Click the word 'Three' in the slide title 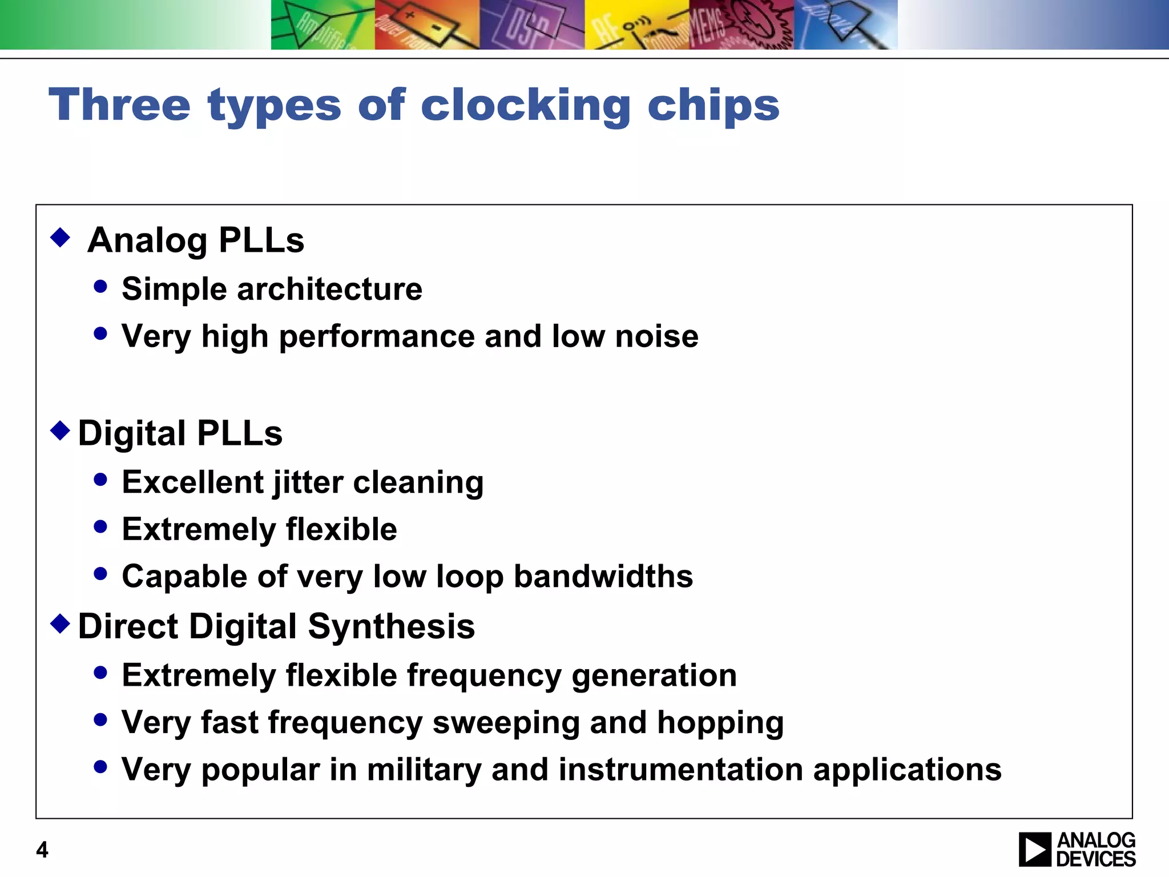(119, 105)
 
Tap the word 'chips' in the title (714, 106)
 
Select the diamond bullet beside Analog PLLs (61, 237)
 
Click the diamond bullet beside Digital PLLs (61, 430)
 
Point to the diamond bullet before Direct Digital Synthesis (61, 623)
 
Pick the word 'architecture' (329, 289)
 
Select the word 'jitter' (308, 483)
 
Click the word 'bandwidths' (603, 576)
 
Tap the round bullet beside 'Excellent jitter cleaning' (100, 480)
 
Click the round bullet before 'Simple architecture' (100, 286)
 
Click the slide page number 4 (42, 850)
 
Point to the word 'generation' (654, 675)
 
